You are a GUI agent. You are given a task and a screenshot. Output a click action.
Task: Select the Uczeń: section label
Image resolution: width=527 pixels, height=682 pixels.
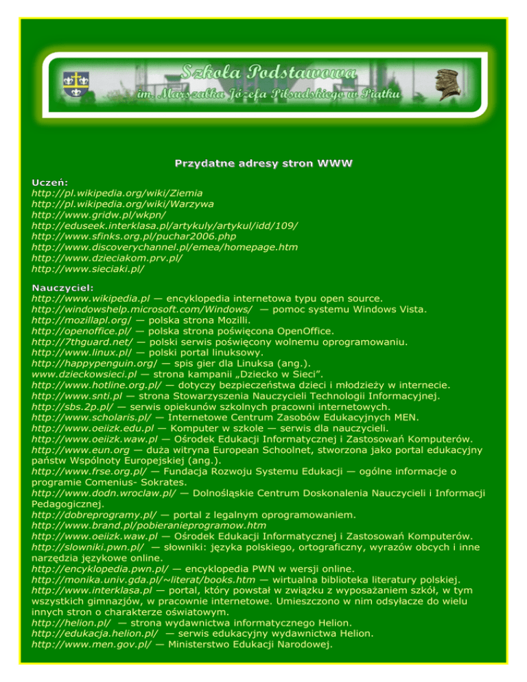(x=49, y=182)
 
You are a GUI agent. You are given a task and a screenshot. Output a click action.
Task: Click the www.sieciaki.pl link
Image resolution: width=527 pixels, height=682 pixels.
(x=88, y=269)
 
